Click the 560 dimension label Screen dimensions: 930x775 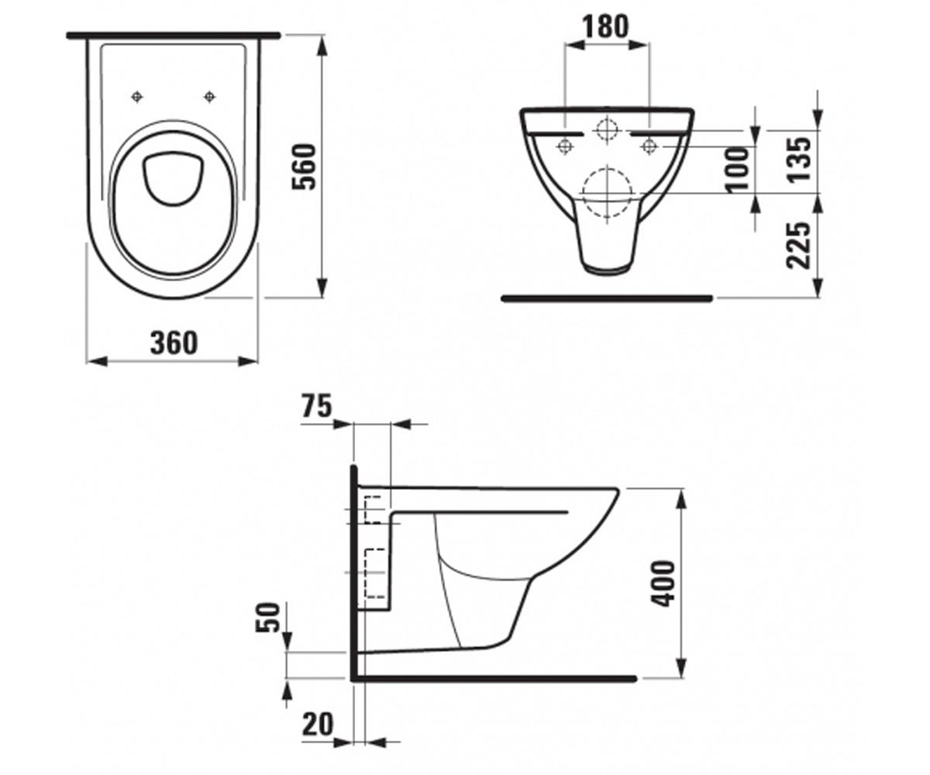click(x=305, y=167)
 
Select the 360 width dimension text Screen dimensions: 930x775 click(x=174, y=343)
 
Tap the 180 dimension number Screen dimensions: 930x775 click(x=606, y=26)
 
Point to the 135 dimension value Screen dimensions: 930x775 click(x=799, y=159)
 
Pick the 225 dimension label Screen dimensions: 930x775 click(x=799, y=246)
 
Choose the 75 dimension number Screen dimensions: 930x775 click(x=317, y=406)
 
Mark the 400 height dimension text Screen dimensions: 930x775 click(x=663, y=584)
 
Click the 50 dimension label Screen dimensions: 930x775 click(x=267, y=618)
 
